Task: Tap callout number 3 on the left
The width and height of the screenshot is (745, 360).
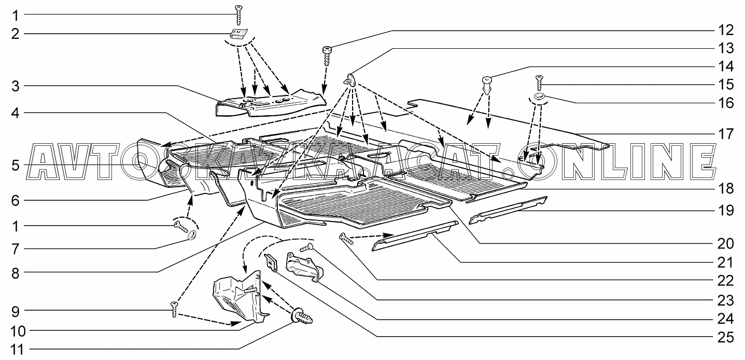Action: coord(16,86)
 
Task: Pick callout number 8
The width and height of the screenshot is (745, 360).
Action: coord(16,273)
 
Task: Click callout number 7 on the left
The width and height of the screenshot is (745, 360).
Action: coord(16,249)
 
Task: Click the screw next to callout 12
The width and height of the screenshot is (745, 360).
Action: coord(327,55)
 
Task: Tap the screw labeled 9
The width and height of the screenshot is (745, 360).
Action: coord(174,310)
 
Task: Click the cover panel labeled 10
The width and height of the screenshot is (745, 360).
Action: coord(238,298)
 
